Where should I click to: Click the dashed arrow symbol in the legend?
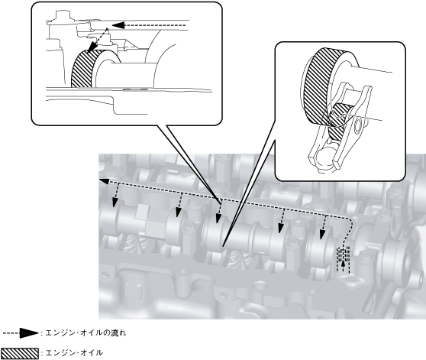point(21,332)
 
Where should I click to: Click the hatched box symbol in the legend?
point(20,353)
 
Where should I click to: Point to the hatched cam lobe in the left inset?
point(83,70)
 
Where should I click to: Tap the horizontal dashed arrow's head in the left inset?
point(118,25)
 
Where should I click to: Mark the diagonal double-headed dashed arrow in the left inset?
point(98,40)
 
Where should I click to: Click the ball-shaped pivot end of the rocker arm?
point(324,157)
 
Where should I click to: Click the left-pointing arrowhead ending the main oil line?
point(104,181)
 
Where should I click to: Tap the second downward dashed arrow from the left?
point(179,206)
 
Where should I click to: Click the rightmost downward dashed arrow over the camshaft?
point(323,227)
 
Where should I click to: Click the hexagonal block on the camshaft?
point(147,221)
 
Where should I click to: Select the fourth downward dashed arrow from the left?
point(282,221)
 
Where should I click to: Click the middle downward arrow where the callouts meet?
point(218,211)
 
